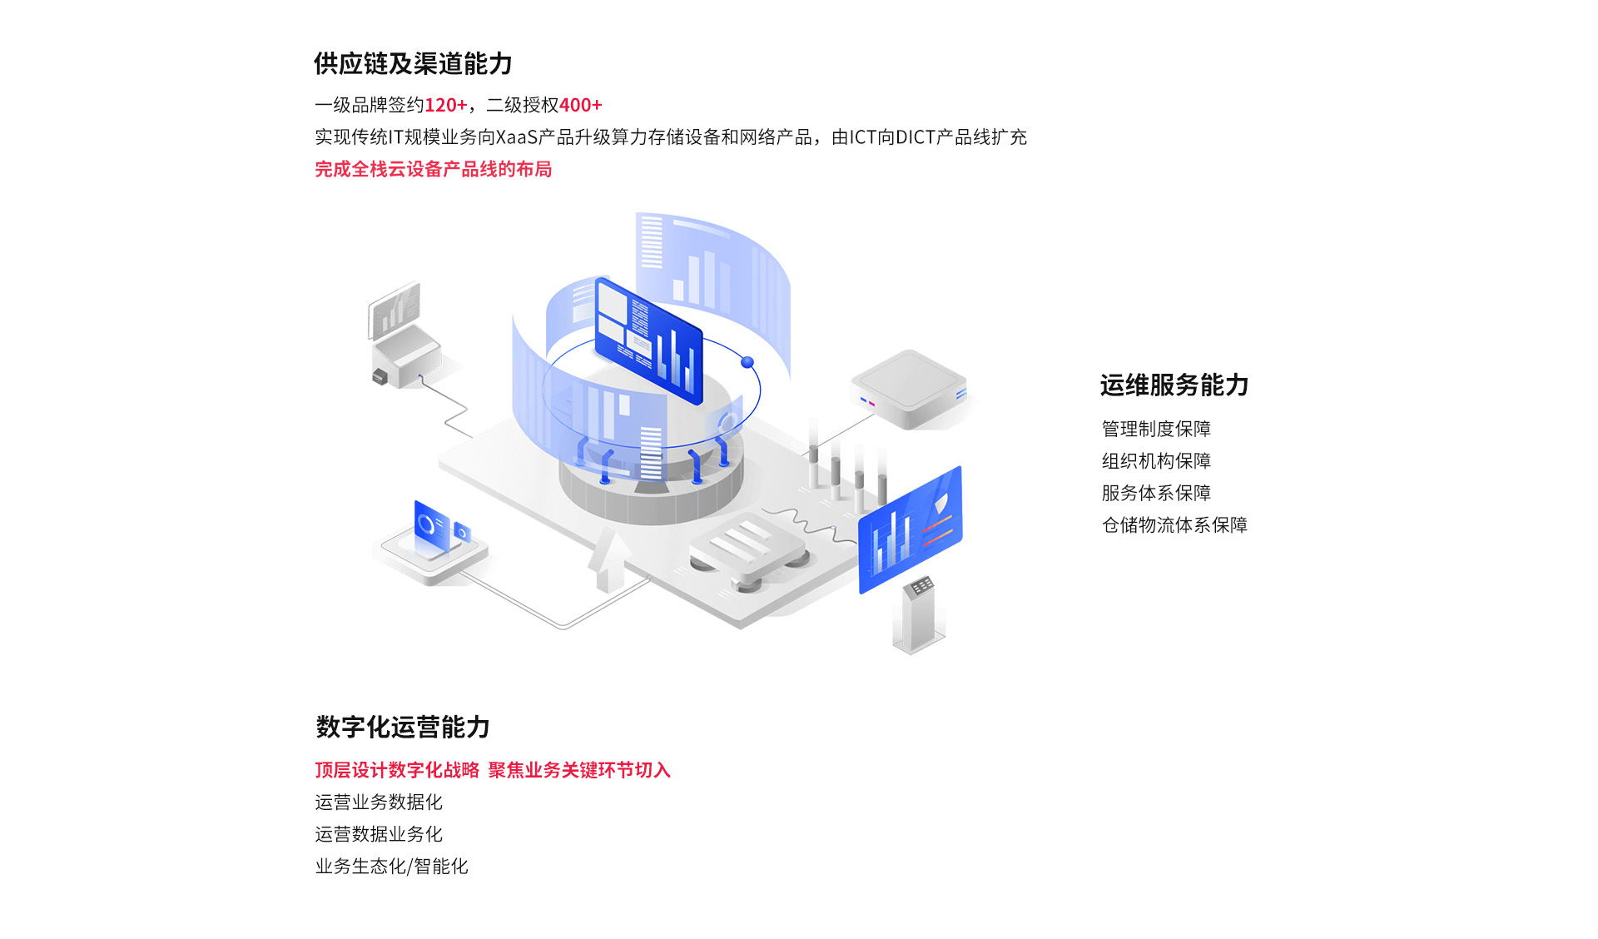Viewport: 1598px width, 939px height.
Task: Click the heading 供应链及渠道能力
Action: coord(413,63)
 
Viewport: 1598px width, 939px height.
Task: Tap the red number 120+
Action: coord(445,105)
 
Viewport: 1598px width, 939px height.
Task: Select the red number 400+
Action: coord(580,105)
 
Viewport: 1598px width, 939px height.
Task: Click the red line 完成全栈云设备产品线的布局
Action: coord(433,169)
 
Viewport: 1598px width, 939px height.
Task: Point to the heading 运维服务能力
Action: coord(1174,385)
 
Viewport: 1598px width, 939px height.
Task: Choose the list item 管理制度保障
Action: coord(1156,429)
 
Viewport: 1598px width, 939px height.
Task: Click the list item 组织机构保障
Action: coord(1156,460)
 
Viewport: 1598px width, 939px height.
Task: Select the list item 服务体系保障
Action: coord(1156,493)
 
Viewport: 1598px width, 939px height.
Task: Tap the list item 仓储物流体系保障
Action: coord(1174,524)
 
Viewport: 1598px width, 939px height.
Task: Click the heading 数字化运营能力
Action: coord(403,727)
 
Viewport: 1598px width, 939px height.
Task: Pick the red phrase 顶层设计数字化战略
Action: coord(397,770)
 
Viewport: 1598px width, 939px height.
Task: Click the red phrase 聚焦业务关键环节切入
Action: coord(579,770)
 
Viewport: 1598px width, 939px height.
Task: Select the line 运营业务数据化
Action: coord(379,802)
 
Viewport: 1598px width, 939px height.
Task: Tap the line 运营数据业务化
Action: coord(379,834)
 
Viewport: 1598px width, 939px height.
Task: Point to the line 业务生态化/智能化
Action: coord(391,866)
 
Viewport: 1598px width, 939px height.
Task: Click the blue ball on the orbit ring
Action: coord(747,362)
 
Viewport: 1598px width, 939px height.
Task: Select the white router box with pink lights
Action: coord(909,389)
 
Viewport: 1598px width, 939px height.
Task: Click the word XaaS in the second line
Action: coord(516,137)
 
